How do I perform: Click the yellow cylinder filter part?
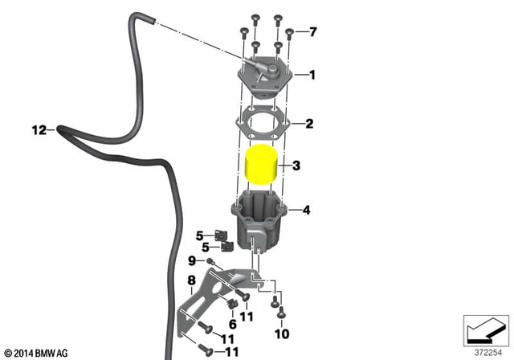coord(263,167)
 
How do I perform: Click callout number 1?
coord(312,76)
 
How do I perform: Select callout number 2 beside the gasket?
coord(308,125)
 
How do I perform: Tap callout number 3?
coord(296,166)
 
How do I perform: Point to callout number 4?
coord(305,211)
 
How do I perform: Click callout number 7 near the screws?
coord(313,32)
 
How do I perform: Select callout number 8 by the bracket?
coord(191,280)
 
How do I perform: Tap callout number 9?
coord(192,260)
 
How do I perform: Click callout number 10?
coord(281,333)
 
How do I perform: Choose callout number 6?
coord(232,323)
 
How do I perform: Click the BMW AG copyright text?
coord(37,353)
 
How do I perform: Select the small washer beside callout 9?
coord(209,263)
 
